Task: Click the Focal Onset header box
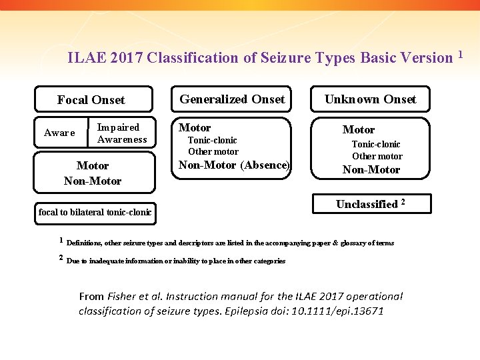point(92,100)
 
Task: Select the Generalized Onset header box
point(232,99)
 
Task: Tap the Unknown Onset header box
point(370,99)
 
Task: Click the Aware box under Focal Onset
point(59,133)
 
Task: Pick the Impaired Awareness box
point(122,133)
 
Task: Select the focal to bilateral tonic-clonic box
point(95,213)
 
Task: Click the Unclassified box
point(371,204)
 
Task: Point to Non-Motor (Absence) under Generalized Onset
point(234,165)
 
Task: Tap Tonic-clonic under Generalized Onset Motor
point(212,140)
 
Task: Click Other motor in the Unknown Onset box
point(377,156)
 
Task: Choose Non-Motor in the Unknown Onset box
point(371,169)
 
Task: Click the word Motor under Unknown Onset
point(359,129)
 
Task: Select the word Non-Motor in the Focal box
point(93,181)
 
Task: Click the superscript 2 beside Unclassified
point(403,201)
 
